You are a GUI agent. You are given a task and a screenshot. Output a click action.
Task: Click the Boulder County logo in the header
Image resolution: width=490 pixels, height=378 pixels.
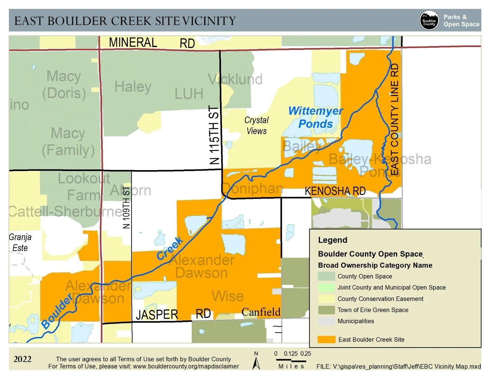[429, 21]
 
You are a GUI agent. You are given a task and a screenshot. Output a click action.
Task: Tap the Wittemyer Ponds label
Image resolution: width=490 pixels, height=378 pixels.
[315, 117]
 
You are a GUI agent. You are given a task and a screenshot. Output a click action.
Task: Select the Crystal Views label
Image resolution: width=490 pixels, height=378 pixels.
[256, 125]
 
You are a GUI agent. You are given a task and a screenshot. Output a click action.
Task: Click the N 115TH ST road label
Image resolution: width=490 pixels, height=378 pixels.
[215, 135]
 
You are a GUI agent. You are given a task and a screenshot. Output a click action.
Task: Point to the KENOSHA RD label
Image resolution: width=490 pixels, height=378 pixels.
[335, 191]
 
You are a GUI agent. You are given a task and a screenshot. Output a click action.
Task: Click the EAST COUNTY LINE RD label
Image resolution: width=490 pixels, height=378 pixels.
[394, 119]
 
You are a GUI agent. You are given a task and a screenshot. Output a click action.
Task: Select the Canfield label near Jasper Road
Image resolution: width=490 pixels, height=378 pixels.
[261, 312]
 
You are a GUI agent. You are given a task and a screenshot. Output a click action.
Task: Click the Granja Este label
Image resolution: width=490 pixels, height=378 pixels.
[20, 242]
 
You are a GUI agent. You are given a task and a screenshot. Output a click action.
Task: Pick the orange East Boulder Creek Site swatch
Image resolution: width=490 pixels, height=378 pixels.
[326, 340]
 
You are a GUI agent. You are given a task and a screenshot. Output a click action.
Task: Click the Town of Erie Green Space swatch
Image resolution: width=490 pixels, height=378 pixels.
[326, 310]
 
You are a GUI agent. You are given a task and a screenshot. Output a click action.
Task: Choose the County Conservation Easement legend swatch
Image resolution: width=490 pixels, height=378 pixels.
[326, 299]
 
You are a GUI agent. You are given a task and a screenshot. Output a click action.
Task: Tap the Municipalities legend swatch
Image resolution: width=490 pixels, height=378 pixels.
[326, 321]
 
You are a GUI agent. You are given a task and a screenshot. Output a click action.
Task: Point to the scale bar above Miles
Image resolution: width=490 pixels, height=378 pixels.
[291, 361]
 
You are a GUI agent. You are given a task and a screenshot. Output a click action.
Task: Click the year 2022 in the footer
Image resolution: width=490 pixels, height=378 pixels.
[22, 359]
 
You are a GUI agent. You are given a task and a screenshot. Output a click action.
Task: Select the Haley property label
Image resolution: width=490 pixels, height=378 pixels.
[133, 87]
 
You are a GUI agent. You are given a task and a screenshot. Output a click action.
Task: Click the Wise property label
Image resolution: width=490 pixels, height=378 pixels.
[228, 296]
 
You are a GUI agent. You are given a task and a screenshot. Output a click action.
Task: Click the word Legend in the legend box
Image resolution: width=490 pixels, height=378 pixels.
[332, 240]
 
